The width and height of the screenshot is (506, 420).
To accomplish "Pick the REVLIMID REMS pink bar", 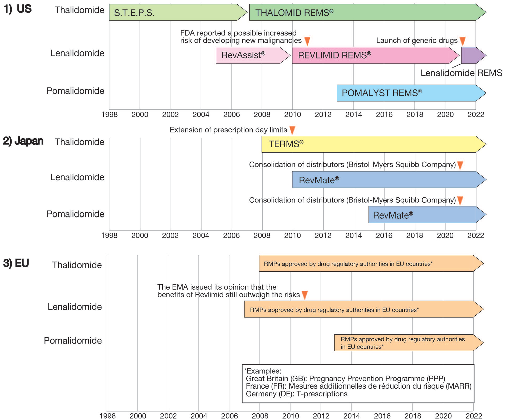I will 374,55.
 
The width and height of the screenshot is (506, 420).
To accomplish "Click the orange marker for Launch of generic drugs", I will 463,41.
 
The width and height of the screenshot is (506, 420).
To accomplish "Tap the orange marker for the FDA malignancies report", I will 307,41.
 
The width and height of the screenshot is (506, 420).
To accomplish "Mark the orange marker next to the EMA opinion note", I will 305,295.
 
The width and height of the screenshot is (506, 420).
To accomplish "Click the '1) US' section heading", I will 17,9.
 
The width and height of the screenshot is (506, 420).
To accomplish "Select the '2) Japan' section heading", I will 23,141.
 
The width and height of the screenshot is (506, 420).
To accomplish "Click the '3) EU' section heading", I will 16,263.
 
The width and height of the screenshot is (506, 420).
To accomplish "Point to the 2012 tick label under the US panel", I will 323,115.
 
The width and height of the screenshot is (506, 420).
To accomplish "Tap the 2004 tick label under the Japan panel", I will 201,235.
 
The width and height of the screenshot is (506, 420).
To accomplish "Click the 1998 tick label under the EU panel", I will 107,416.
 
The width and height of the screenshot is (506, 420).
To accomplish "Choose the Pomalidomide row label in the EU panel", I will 73,341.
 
